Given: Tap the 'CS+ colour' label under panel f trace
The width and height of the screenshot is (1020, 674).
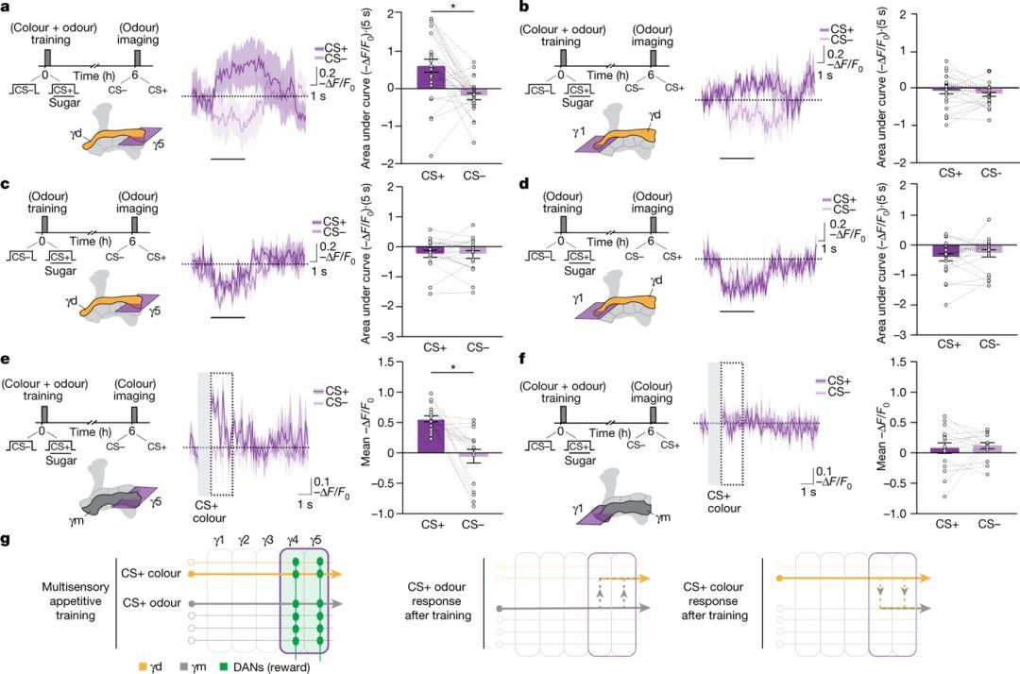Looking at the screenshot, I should [725, 500].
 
